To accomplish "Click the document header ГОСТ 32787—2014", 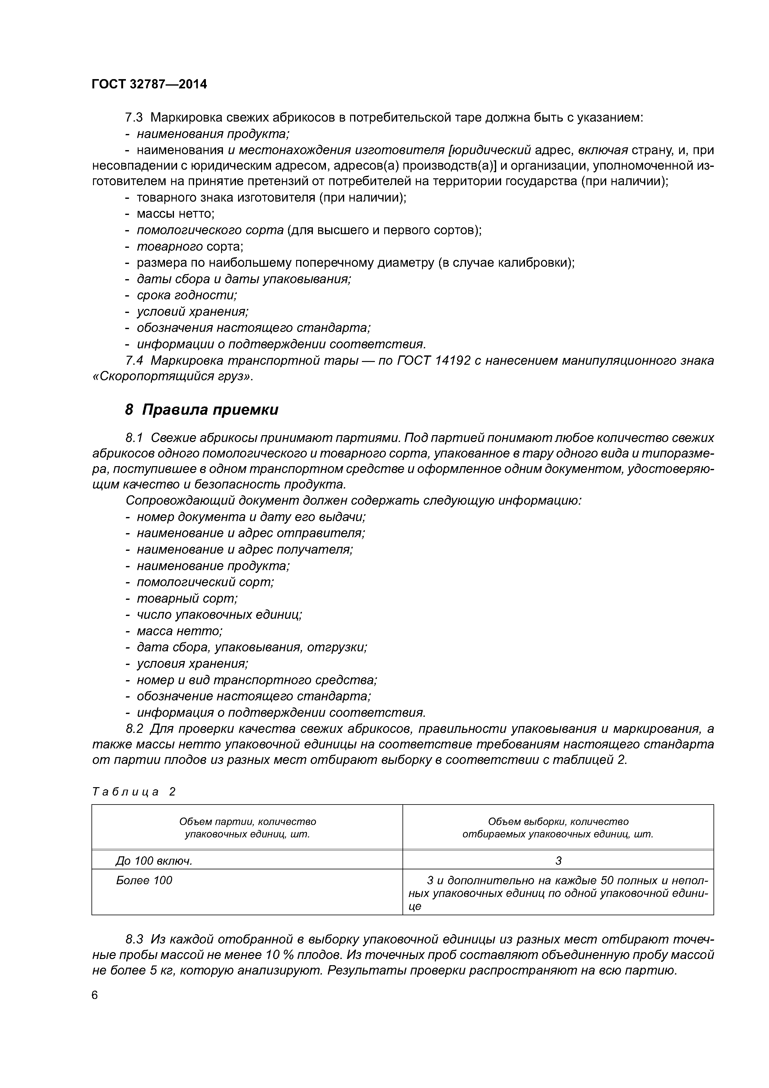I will click(149, 84).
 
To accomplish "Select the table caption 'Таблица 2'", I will click(134, 792).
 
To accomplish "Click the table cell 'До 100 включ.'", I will click(154, 861).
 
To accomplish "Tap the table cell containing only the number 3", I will click(558, 861).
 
